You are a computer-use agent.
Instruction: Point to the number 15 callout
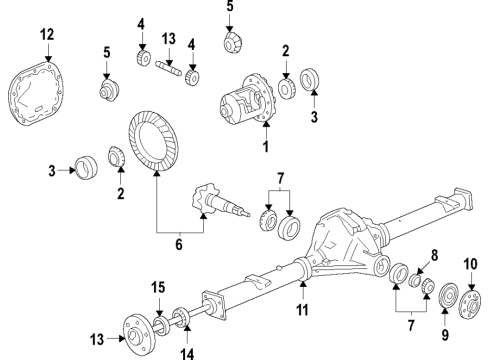point(157,289)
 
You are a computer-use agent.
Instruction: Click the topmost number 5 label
point(230,8)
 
